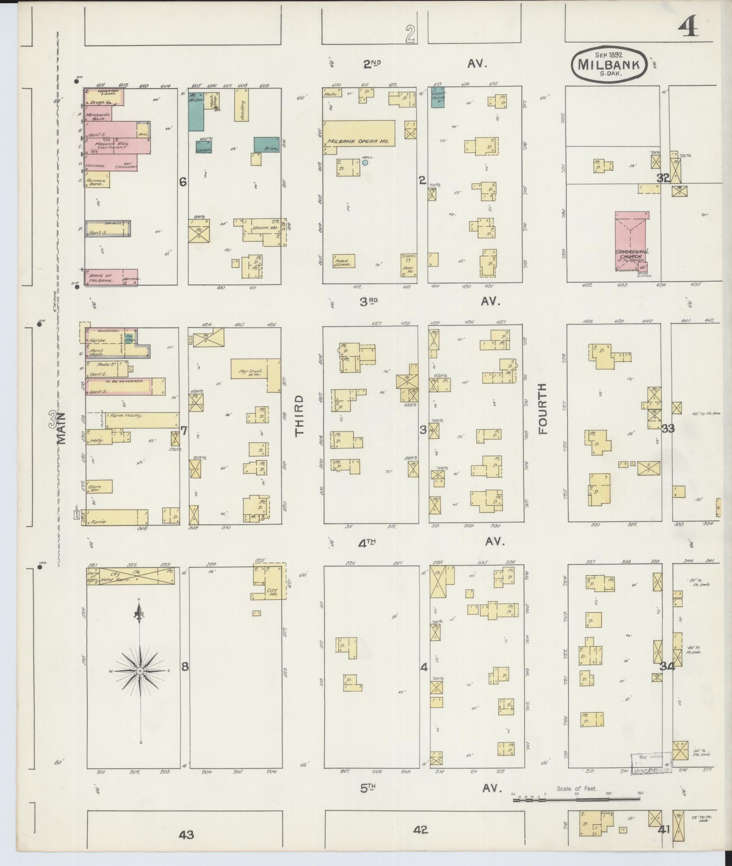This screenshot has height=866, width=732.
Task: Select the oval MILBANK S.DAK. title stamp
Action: click(x=609, y=65)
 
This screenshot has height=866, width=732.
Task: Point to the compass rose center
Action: click(x=140, y=671)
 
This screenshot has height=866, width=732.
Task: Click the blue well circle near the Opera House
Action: click(x=365, y=162)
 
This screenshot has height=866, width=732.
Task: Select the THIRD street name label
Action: click(x=299, y=416)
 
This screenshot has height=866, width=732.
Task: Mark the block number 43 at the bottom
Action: click(x=186, y=835)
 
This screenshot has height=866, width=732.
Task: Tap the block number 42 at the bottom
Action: click(x=421, y=830)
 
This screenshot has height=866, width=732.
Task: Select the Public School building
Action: click(x=344, y=261)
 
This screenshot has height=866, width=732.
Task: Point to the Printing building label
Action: click(x=241, y=105)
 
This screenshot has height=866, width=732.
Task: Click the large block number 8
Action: click(x=184, y=666)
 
